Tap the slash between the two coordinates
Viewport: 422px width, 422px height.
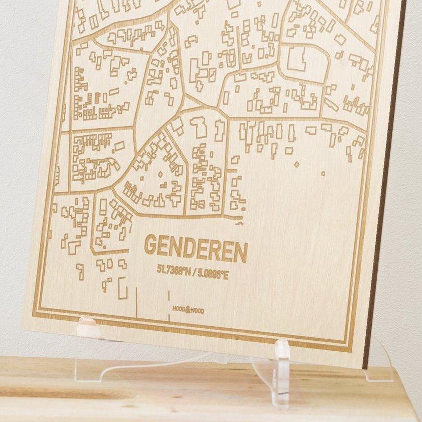pyautogui.click(x=194, y=273)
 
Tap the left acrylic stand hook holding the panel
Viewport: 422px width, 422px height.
pyautogui.click(x=88, y=325)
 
